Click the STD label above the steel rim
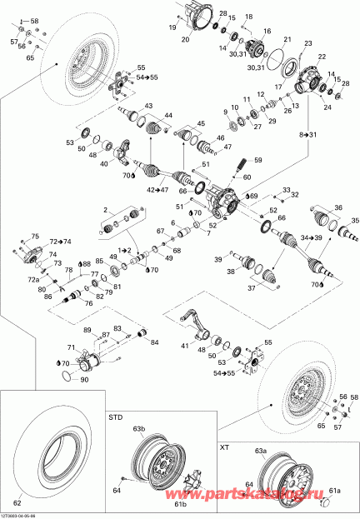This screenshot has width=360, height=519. tap(115, 414)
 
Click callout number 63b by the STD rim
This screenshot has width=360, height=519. tap(137, 430)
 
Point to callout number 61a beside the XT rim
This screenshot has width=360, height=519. tap(335, 491)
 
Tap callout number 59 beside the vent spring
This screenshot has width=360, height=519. tap(257, 159)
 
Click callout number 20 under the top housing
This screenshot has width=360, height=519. tap(185, 39)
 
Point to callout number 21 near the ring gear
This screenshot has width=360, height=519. tap(287, 40)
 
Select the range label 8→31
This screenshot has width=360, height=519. tap(309, 133)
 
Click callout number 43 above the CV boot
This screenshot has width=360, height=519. tap(148, 105)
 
